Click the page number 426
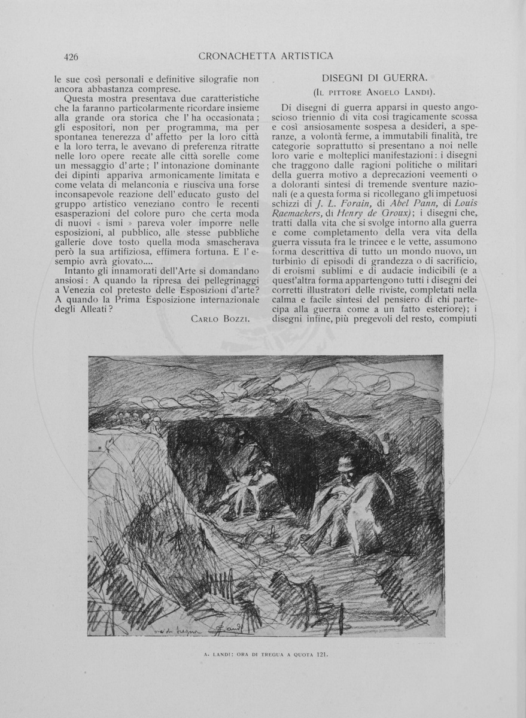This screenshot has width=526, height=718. (71, 57)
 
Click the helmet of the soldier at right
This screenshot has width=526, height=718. (345, 463)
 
